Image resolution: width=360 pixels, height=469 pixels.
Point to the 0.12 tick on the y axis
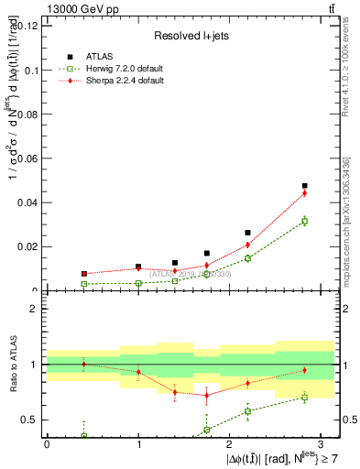tap(27, 26)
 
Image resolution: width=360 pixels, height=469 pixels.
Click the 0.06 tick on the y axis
tap(27, 158)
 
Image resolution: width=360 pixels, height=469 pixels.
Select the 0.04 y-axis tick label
tap(27, 202)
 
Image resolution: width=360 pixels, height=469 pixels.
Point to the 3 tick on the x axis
tap(322, 444)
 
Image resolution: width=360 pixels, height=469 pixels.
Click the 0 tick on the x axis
tap(47, 444)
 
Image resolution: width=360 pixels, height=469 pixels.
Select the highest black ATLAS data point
tap(305, 186)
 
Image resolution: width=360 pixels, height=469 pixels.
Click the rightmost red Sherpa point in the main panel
tap(305, 192)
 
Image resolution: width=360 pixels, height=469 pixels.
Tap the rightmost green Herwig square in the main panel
tap(305, 221)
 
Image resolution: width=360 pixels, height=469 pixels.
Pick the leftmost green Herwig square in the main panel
tap(83, 284)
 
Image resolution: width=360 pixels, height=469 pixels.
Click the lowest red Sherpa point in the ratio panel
tap(207, 395)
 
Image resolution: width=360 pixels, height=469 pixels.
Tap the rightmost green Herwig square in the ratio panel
tap(305, 397)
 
